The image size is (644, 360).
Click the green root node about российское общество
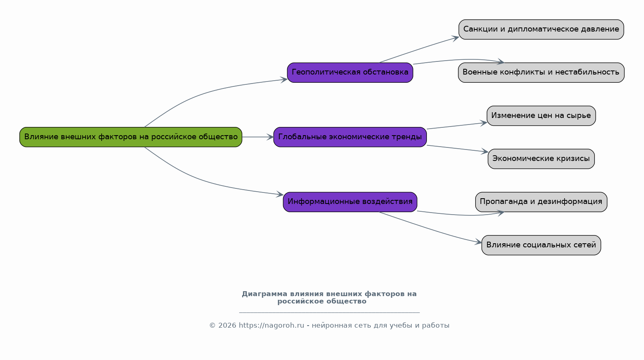131,137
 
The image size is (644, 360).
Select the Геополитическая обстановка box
350,72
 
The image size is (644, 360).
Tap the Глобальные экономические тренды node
350,137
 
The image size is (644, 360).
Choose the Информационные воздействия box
350,202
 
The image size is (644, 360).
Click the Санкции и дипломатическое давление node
541,29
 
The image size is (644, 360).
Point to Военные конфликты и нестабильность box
541,72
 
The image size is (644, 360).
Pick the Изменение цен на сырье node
541,115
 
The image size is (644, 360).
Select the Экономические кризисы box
541,159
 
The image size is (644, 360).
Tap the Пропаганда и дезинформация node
541,202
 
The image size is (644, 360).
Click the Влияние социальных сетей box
541,245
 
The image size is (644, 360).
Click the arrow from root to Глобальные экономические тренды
258,137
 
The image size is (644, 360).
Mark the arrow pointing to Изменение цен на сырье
457,126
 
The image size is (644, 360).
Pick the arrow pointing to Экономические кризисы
457,149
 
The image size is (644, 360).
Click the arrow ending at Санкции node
418,50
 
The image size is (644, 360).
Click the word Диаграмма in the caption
265,294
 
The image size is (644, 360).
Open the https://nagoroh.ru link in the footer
271,326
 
